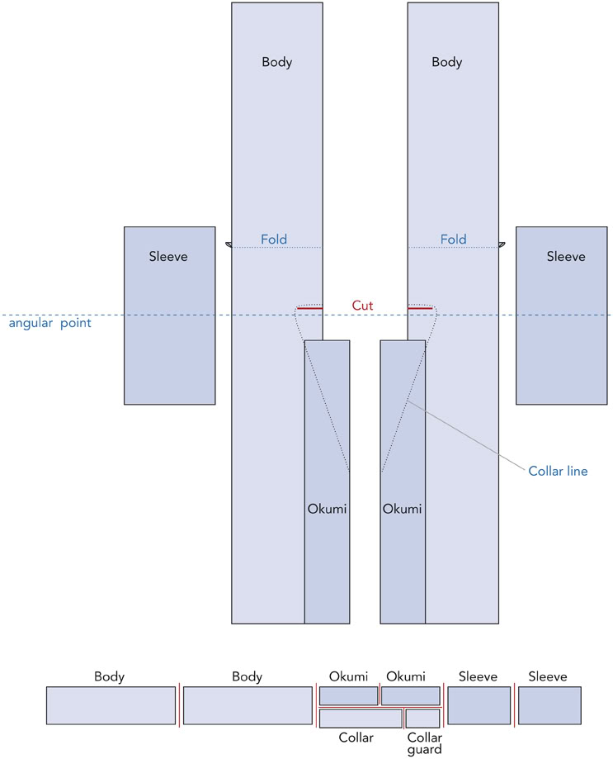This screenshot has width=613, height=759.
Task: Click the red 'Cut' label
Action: pos(362,306)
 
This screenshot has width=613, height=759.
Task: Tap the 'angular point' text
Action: pos(50,323)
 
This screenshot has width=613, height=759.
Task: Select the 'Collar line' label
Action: pos(558,472)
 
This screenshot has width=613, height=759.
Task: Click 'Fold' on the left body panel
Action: pos(274,240)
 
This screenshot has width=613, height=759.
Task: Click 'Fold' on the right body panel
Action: pos(453,240)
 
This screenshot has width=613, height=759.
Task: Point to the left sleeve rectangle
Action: pos(169,330)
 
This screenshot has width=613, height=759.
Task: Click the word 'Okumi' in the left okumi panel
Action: pos(328,509)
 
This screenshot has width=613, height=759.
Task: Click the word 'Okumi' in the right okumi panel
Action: pos(402,509)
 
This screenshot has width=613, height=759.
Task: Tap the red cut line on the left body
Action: pos(309,308)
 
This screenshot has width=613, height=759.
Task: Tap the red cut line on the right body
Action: pos(420,308)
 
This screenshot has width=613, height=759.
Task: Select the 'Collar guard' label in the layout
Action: pos(424,743)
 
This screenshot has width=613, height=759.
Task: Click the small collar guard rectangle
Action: pos(422,718)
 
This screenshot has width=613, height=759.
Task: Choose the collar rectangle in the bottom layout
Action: pos(361,718)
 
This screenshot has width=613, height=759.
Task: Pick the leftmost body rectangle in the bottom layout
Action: pos(111,705)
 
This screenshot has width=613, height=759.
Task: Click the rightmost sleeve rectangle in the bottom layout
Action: pos(549,705)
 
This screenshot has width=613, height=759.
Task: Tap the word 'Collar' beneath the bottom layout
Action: pos(356,738)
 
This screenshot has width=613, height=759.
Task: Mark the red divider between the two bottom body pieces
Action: pos(180,705)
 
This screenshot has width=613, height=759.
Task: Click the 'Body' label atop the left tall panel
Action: pos(277,62)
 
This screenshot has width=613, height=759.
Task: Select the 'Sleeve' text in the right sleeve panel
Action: pos(566,257)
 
